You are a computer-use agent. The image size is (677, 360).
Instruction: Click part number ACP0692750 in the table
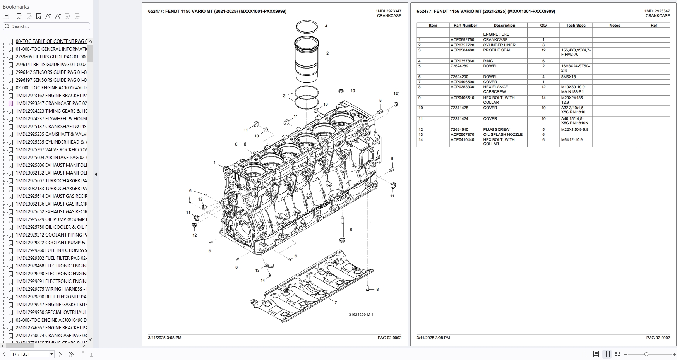coord(462,40)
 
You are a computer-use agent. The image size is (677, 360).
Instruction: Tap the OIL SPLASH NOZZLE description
coord(503,135)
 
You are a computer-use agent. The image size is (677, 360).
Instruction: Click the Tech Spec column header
coord(576,26)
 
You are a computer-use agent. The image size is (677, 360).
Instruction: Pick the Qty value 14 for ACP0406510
coord(543,98)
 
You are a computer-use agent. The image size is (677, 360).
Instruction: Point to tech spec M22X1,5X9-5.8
coord(575,130)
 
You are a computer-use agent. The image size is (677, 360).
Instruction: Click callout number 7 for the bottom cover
coord(336,302)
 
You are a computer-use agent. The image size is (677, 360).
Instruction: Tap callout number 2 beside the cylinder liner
coord(327,53)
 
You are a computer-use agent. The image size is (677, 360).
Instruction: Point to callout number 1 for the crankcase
coord(215,163)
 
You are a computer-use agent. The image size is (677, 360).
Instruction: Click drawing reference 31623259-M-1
coord(361,315)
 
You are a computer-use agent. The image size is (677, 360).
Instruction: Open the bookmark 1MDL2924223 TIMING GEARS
coord(51,111)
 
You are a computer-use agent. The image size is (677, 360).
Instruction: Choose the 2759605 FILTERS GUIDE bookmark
coord(51,57)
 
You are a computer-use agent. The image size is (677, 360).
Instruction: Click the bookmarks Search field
coord(46,26)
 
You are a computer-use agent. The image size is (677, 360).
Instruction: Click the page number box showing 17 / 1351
coord(32,354)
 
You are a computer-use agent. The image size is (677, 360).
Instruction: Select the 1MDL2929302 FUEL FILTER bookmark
coord(51,258)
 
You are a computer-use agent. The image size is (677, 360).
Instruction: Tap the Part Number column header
coord(465,26)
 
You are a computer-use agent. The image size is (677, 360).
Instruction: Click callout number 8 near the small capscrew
coord(377,290)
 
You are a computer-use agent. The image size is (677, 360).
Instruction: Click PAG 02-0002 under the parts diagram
coord(389,338)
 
